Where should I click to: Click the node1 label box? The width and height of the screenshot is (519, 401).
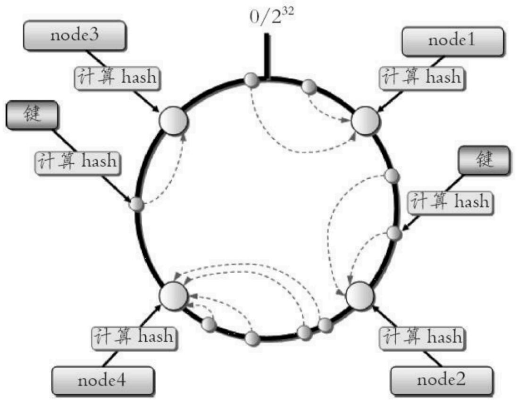click(x=453, y=42)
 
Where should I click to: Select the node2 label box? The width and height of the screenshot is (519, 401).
click(x=442, y=380)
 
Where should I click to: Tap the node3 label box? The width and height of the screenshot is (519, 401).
click(x=75, y=35)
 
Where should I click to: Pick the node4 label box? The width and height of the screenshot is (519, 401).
click(x=102, y=381)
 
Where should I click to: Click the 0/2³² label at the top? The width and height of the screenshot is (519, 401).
click(x=271, y=16)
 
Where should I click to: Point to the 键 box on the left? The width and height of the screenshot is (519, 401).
click(x=32, y=115)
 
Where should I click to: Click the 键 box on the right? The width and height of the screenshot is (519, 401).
click(x=484, y=160)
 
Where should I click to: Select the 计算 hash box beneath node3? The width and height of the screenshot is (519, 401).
click(x=117, y=78)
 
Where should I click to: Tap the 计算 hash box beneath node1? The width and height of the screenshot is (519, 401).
click(x=422, y=78)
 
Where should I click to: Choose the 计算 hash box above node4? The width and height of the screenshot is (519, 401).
click(x=134, y=338)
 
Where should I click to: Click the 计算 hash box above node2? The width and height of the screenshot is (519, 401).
click(x=422, y=338)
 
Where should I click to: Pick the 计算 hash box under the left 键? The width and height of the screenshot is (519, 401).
click(x=77, y=162)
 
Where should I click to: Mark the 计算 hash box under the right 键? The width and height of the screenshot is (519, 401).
click(x=450, y=203)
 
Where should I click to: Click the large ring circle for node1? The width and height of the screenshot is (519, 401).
click(x=365, y=121)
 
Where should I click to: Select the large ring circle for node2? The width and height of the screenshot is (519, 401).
click(x=360, y=296)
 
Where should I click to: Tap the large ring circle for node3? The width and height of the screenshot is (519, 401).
click(x=174, y=121)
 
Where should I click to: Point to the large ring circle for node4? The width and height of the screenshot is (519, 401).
click(x=174, y=296)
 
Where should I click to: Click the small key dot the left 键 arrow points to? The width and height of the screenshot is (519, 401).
click(x=136, y=204)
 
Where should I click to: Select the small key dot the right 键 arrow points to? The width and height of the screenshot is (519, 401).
click(x=394, y=234)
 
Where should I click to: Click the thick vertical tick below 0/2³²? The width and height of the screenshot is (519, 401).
click(x=267, y=56)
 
